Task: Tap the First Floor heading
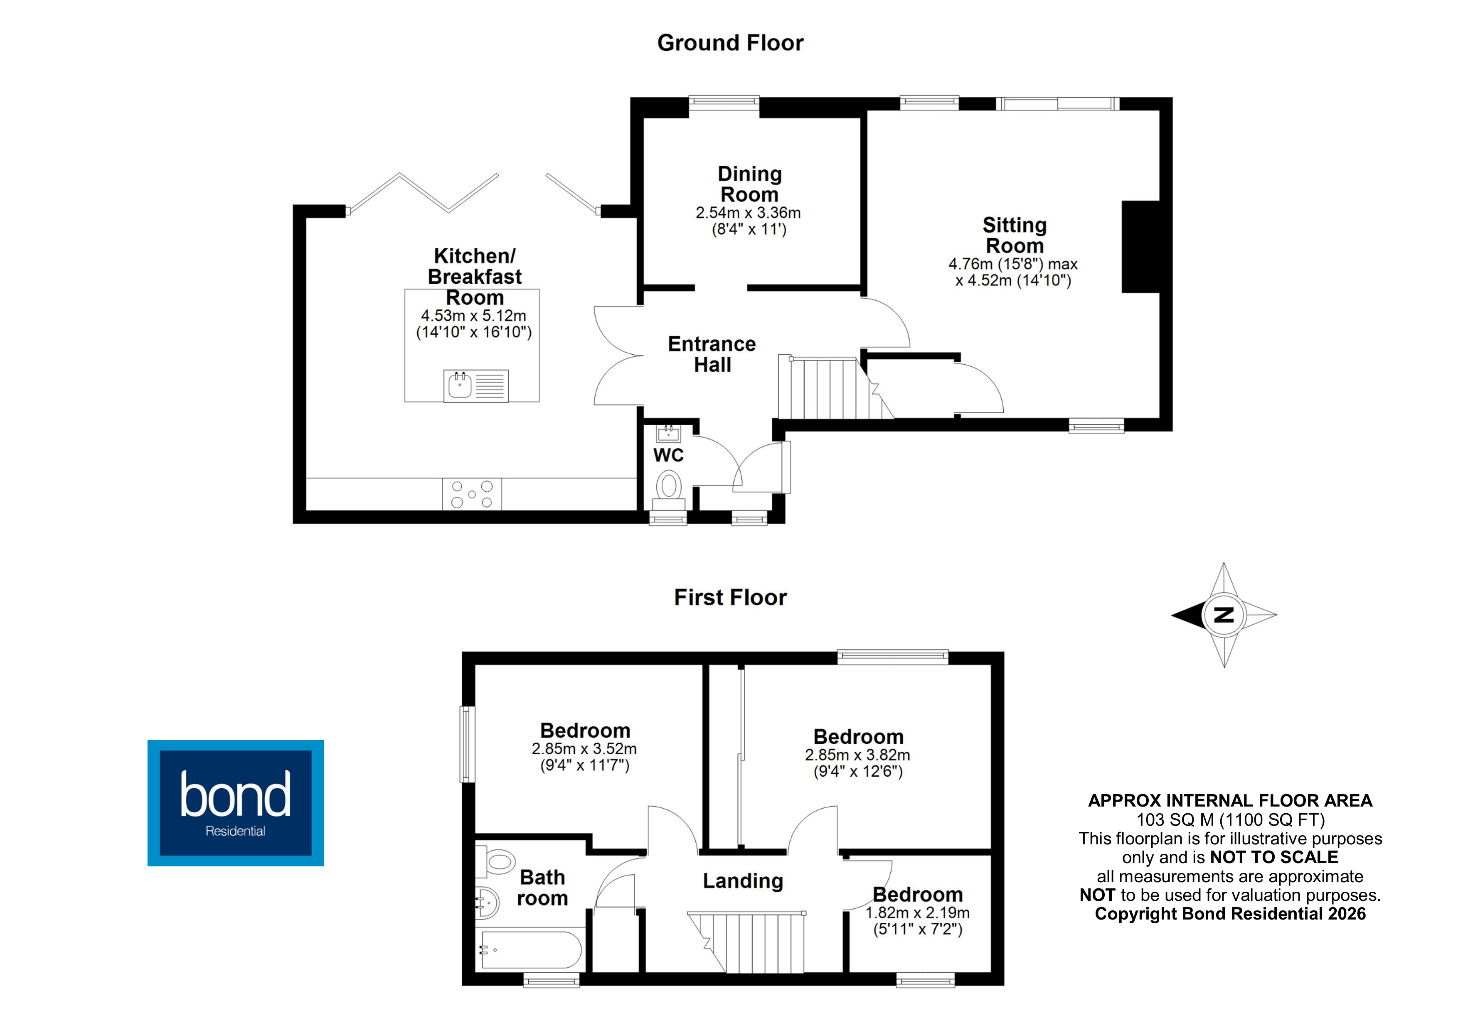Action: [x=730, y=597]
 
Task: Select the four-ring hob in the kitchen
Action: [x=472, y=494]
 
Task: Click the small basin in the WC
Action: [x=668, y=434]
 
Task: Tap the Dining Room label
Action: [x=749, y=184]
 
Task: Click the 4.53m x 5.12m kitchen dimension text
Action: [x=473, y=315]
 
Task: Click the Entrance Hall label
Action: [x=712, y=354]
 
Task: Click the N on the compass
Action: [x=1224, y=614]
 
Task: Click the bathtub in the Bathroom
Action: [x=530, y=949]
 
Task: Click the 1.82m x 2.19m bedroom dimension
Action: [x=917, y=912]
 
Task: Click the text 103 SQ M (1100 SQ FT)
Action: [x=1230, y=820]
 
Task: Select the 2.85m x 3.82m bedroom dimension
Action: [x=857, y=755]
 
